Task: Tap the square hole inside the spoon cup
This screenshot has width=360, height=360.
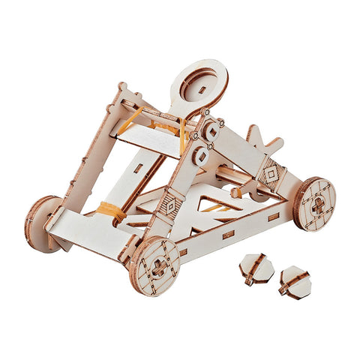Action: click(202, 89)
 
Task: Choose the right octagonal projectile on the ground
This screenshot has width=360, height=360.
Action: click(294, 281)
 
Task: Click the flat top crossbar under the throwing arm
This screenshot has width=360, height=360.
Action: click(150, 138)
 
